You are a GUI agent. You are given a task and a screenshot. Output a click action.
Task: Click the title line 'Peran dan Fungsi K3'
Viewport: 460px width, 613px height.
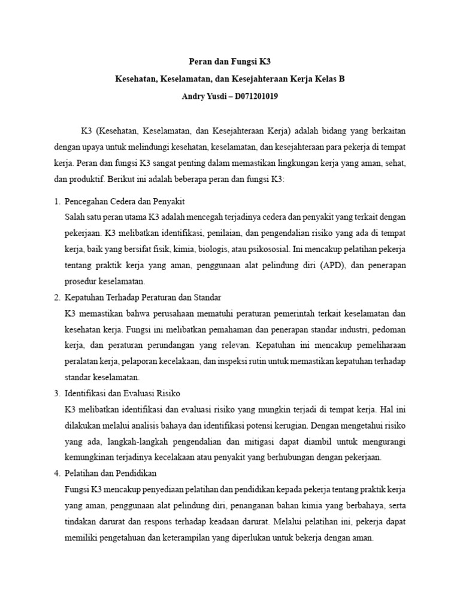(230, 62)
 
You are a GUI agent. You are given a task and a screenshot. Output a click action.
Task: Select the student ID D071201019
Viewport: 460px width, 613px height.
(253, 96)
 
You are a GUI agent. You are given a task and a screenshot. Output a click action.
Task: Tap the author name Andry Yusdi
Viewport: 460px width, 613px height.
(205, 96)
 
